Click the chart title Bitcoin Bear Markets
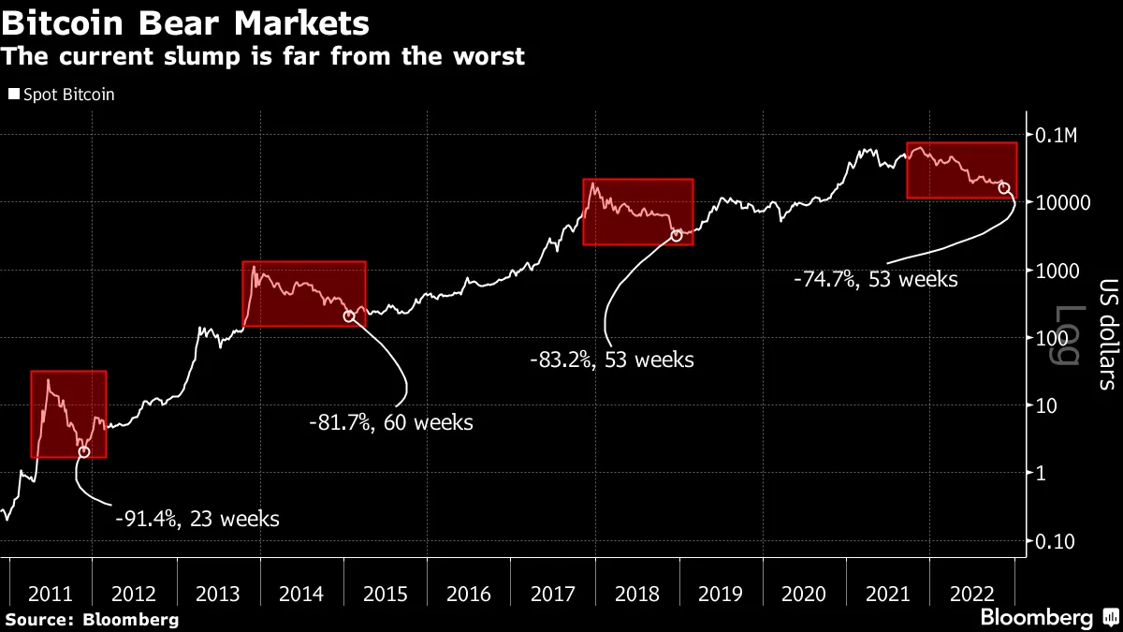[185, 21]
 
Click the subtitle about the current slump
[263, 56]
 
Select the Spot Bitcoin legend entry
[62, 95]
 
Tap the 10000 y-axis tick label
[1062, 202]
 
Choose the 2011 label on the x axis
[51, 595]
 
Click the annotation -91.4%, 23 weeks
[197, 518]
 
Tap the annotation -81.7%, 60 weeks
[391, 422]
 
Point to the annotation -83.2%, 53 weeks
[612, 359]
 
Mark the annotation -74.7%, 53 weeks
[875, 278]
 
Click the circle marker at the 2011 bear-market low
[84, 451]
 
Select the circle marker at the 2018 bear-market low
[677, 235]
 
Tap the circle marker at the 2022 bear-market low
[1005, 188]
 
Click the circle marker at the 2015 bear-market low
[349, 316]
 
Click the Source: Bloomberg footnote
[91, 619]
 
